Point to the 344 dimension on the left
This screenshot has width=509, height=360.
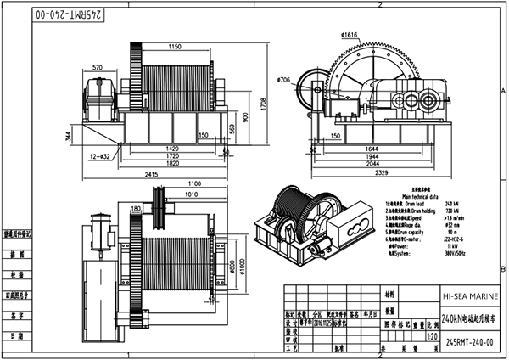67,135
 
